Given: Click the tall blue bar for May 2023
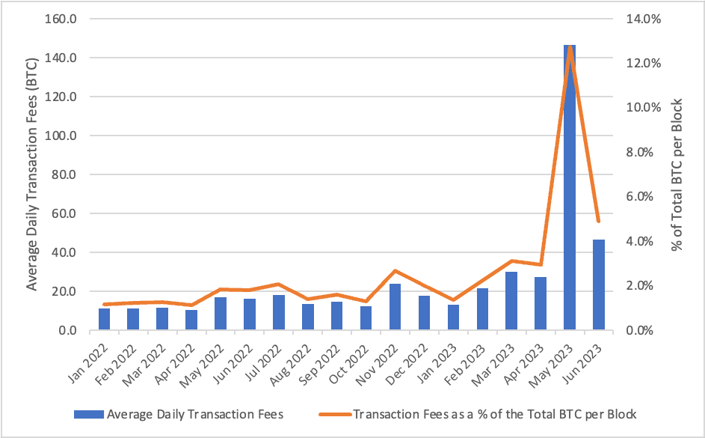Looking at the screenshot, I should [x=570, y=187].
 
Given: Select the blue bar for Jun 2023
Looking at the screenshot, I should [x=599, y=285].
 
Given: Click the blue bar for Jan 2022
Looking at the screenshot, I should [x=104, y=319].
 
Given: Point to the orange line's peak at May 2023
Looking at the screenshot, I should [x=570, y=46].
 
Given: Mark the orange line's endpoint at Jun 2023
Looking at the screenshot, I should [x=599, y=222].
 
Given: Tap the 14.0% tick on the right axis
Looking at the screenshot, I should [x=642, y=19].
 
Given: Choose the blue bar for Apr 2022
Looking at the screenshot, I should [x=191, y=320].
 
